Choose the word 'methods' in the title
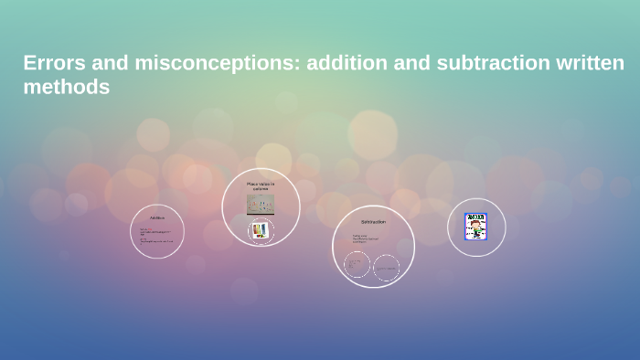pos(66,88)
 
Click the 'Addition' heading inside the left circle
pos(157,217)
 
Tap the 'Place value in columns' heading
pos(261,185)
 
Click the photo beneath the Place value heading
pos(261,204)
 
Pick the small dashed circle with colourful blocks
pos(261,230)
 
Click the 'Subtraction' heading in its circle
pos(373,222)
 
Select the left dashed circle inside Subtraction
pos(357,265)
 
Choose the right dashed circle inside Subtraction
pos(387,267)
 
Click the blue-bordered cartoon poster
pos(475,227)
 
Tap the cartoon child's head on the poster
pos(475,223)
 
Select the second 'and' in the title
pos(421,63)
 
